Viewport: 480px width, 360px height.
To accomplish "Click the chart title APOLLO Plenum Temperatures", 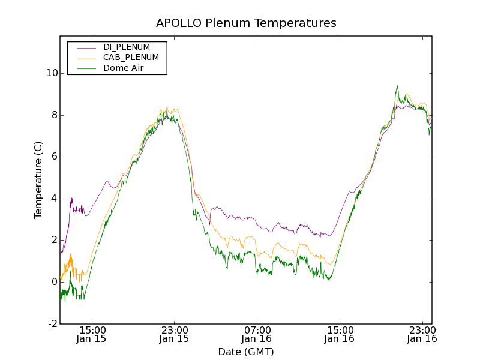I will pyautogui.click(x=246, y=23).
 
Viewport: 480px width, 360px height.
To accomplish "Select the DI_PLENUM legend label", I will pyautogui.click(x=127, y=47).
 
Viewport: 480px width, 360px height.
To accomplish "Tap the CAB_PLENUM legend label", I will pyautogui.click(x=131, y=57).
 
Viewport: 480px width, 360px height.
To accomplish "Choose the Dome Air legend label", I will pyautogui.click(x=124, y=68).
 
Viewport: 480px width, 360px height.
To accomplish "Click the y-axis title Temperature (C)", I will pyautogui.click(x=38, y=180).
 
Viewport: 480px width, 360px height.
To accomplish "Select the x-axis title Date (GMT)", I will pyautogui.click(x=246, y=352).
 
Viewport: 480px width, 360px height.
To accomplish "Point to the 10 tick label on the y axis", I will pyautogui.click(x=52, y=73).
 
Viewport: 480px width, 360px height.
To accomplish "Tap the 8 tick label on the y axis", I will pyautogui.click(x=55, y=115).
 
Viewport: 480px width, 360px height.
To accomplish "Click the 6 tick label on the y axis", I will pyautogui.click(x=55, y=157).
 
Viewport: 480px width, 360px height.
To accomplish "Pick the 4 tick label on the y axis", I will pyautogui.click(x=55, y=199).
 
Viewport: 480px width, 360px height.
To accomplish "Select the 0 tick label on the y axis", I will pyautogui.click(x=55, y=282).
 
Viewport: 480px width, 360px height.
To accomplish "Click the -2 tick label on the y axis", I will pyautogui.click(x=53, y=324).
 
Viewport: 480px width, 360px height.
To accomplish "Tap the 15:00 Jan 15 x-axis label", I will pyautogui.click(x=92, y=334).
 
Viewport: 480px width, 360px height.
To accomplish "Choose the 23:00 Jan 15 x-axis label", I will pyautogui.click(x=175, y=334).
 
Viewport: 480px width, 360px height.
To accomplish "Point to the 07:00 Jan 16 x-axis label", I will pyautogui.click(x=257, y=334).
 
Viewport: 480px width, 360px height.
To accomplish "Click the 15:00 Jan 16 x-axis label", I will pyautogui.click(x=340, y=334).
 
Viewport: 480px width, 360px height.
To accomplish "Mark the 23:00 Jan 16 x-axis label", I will pyautogui.click(x=422, y=334).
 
